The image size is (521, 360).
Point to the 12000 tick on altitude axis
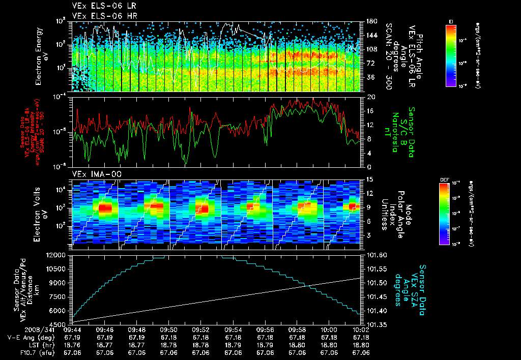click(x=58, y=255)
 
